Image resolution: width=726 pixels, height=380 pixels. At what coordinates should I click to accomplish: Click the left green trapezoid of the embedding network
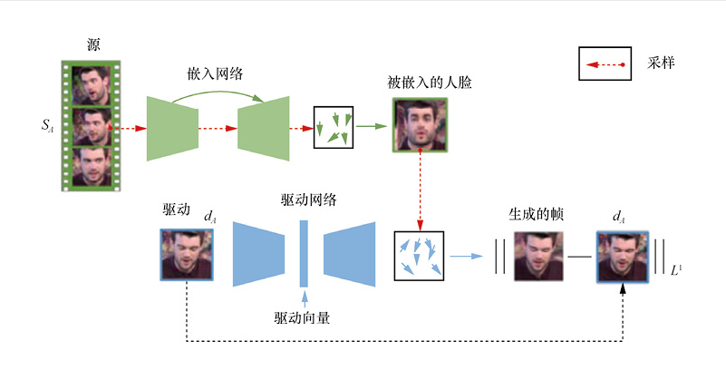click(172, 128)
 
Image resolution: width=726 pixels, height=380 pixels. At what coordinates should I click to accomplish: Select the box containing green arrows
click(334, 127)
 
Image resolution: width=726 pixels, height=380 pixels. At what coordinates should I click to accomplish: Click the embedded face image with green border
click(419, 126)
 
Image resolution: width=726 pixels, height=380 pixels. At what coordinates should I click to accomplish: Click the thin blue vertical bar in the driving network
click(305, 254)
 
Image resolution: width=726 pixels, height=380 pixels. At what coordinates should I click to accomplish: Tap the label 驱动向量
click(305, 317)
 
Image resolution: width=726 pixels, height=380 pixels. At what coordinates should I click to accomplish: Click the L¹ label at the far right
click(676, 268)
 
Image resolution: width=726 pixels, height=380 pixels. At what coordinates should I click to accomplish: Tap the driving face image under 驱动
click(187, 255)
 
